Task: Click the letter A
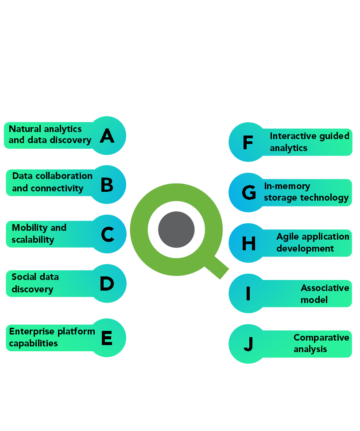(107, 136)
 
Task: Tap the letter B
(107, 185)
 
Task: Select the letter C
(108, 234)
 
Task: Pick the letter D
(107, 283)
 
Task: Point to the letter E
(106, 338)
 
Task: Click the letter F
(248, 143)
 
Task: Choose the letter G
(249, 193)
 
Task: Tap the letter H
(249, 243)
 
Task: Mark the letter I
(248, 294)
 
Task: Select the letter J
(248, 344)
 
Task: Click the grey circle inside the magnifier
(176, 230)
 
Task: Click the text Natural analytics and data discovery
(50, 135)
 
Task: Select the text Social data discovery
(35, 283)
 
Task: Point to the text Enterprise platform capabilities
(52, 337)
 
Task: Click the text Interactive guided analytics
(309, 142)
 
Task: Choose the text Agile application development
(312, 242)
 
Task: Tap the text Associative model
(325, 294)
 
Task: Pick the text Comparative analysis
(321, 343)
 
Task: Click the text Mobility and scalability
(39, 233)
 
